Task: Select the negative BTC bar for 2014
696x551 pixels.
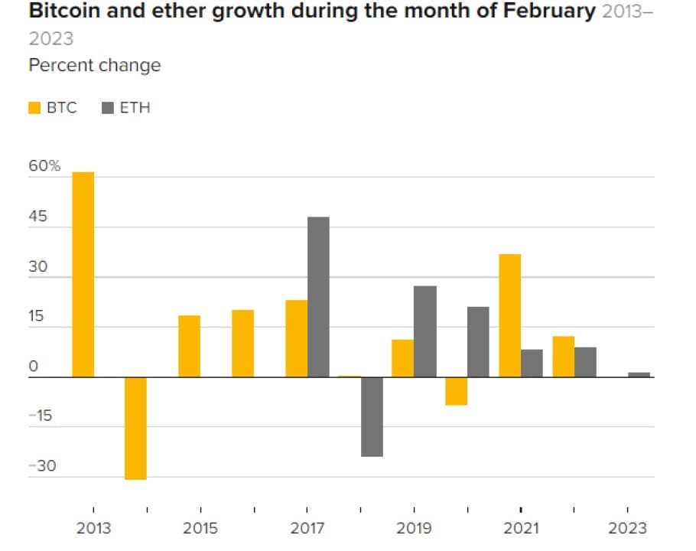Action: pos(136,428)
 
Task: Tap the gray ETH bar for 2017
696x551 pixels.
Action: pos(318,297)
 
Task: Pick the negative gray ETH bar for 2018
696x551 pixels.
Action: pos(372,416)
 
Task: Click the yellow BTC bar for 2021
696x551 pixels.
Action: pos(509,315)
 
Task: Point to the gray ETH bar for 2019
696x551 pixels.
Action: pos(425,331)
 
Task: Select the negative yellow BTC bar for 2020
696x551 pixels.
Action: pos(456,390)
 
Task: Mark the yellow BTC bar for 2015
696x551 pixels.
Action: pos(190,346)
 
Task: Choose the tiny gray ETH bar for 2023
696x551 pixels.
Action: pos(639,374)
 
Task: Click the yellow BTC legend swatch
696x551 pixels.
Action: pos(34,108)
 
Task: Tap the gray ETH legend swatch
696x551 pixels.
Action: pos(108,108)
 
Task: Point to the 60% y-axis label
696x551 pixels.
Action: pos(44,166)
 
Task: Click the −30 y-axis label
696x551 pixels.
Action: pos(42,466)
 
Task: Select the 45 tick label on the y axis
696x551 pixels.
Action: pos(38,217)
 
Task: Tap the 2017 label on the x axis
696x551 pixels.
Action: pos(307,528)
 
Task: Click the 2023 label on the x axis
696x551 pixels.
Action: pos(627,528)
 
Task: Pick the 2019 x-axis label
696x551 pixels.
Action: pos(414,528)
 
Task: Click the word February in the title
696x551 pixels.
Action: pos(545,13)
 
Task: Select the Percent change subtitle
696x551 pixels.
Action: pos(95,65)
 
